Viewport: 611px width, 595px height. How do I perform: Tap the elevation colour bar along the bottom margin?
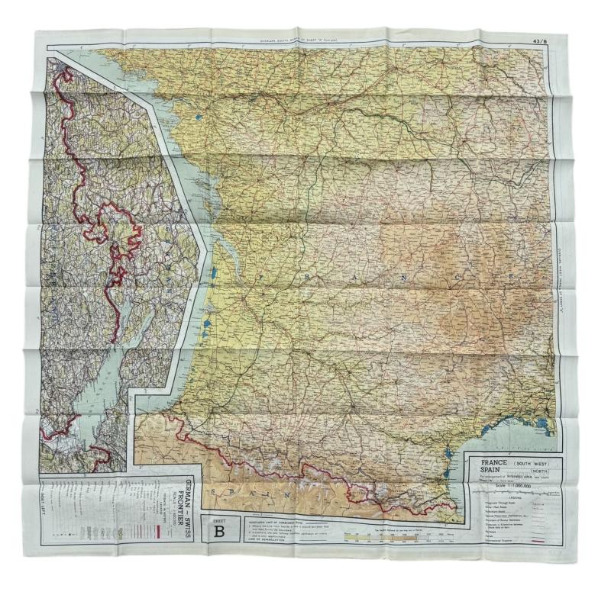coord(397,536)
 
